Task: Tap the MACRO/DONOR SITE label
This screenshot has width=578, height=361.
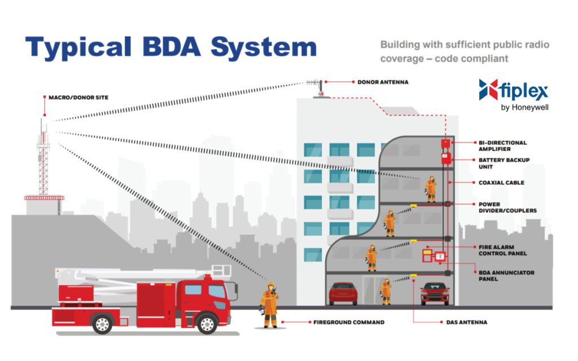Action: point(78,98)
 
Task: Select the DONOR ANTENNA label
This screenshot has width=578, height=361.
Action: point(383,82)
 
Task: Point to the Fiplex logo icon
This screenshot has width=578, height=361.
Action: point(488,90)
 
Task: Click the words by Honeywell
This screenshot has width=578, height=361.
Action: point(524,107)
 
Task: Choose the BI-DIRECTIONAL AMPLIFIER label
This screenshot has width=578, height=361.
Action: point(502,146)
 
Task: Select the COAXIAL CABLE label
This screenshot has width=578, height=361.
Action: point(501,183)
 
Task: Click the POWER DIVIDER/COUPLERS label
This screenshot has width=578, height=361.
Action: point(506,208)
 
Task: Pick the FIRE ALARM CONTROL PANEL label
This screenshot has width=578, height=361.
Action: point(503,250)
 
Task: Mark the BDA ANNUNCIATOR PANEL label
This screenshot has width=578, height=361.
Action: point(506,276)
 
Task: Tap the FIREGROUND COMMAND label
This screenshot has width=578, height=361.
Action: point(349,323)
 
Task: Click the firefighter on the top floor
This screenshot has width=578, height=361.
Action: point(431,188)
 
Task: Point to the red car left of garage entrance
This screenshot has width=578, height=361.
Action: point(343,293)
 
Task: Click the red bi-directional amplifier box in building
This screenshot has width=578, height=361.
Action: point(446,143)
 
